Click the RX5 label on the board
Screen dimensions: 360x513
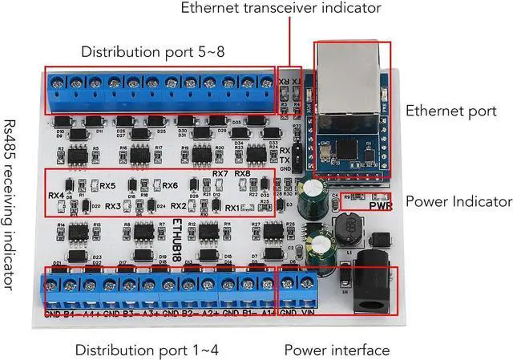tap(107, 186)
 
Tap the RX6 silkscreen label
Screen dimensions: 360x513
tap(170, 186)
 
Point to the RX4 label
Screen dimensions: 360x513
tap(56, 195)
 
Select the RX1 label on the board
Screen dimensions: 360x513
tap(232, 208)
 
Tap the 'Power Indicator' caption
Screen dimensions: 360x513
tap(458, 201)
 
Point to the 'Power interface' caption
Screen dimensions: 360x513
tap(337, 350)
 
